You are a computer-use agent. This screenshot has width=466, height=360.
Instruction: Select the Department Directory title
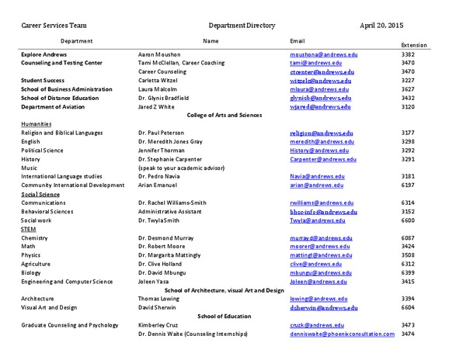click(x=242, y=26)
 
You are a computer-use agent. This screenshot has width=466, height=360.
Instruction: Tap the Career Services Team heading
click(x=53, y=26)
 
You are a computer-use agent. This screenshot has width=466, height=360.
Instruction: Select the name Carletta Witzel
click(x=160, y=80)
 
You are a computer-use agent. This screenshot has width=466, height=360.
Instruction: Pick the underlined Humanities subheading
click(x=37, y=124)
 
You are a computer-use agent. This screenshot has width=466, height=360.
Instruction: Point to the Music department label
click(x=30, y=168)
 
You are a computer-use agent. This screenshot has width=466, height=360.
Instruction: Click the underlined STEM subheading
click(x=29, y=230)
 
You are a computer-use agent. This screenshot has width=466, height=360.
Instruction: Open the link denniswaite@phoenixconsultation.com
click(x=343, y=334)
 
